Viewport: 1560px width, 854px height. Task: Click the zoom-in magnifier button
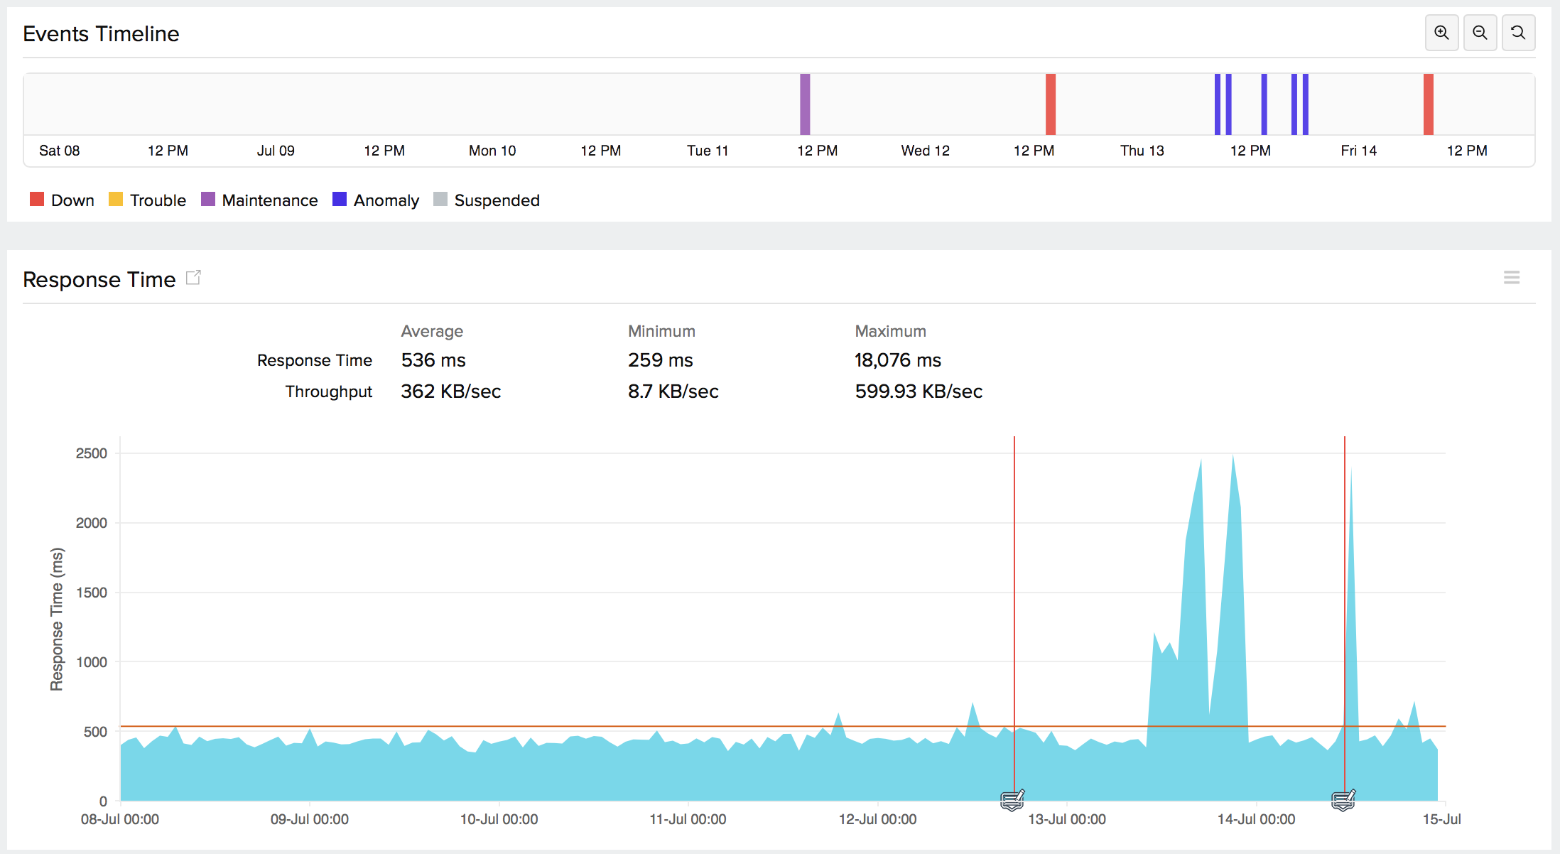pos(1441,33)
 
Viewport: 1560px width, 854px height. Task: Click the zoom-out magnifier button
pos(1480,33)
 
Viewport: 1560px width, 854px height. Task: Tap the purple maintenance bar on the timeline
pos(805,104)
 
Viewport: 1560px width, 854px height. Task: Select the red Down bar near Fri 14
pos(1428,104)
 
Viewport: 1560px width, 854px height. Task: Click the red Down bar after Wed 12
pos(1050,104)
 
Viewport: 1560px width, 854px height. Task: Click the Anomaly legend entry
pos(377,200)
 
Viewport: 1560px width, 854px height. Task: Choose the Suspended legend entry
pos(487,200)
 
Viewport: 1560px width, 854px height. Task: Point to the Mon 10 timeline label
pos(492,151)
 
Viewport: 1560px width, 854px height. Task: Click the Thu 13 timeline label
pos(1142,151)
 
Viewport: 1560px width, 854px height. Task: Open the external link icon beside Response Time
pos(193,278)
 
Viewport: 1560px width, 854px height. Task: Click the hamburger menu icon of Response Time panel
pos(1511,278)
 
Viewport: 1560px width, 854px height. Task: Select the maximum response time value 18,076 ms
pos(897,360)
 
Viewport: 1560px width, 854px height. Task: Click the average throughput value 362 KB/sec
pos(450,391)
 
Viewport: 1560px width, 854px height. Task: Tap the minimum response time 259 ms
pos(660,360)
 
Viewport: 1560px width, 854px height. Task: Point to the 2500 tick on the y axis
pos(92,453)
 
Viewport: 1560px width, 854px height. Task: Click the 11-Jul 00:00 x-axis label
pos(688,819)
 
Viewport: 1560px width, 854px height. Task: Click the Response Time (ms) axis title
pos(57,619)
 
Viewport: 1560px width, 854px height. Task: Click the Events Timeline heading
pos(101,34)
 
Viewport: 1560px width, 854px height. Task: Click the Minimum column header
pos(661,331)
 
